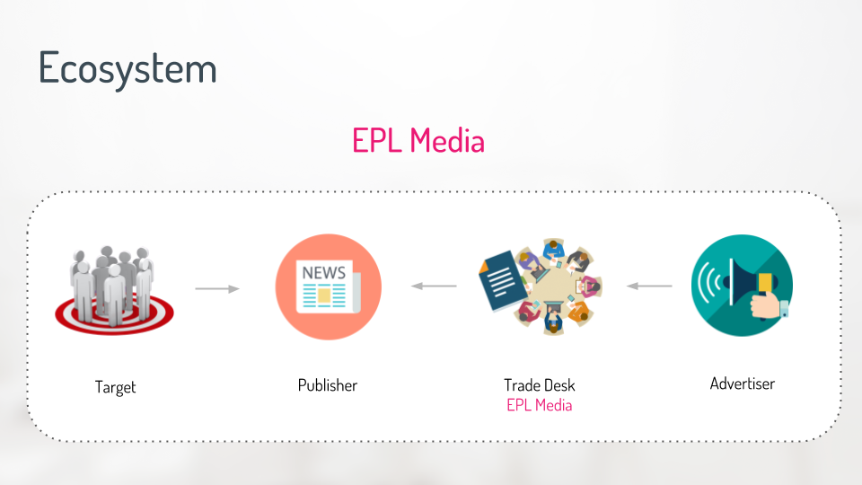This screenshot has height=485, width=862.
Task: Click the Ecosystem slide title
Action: coord(128,69)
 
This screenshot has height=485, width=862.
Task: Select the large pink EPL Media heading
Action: coord(418,140)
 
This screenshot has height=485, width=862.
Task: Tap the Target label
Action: coord(115,387)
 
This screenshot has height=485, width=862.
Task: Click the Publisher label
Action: coord(328,385)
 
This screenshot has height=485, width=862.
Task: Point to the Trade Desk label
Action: coord(540,385)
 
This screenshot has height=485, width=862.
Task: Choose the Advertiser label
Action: coord(743,384)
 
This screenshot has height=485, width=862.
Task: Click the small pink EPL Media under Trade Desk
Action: coord(540,405)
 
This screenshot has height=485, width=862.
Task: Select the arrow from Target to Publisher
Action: coord(217,288)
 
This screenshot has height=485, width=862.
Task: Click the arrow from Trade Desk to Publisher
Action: coord(434,286)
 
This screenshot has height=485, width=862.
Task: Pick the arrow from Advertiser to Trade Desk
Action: coord(649,286)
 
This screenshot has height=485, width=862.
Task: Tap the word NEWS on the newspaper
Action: coord(324,273)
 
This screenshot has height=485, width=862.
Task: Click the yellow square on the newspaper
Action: coord(324,296)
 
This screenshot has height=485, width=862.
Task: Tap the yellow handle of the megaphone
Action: coord(765,283)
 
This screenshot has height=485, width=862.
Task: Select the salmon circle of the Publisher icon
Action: coord(329,287)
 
